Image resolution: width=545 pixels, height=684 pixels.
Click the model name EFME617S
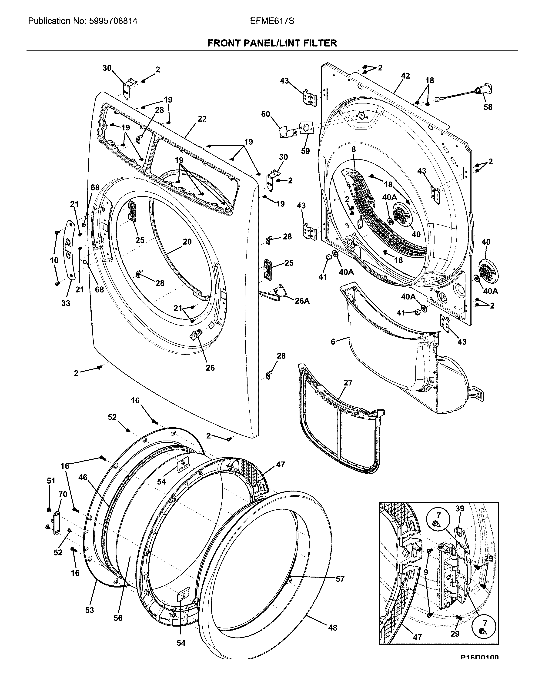[272, 21]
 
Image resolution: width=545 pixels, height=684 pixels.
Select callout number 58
[488, 107]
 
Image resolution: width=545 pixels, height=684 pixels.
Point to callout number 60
[265, 114]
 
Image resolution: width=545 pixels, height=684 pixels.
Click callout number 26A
[302, 301]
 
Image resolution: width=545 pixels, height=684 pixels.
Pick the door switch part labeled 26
[196, 334]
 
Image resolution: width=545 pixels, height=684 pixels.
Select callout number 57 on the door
[340, 579]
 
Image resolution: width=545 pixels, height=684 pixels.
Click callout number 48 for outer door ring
[332, 628]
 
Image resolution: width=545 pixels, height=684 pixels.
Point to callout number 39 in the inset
[460, 508]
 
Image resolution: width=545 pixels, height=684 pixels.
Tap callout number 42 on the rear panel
[405, 76]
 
